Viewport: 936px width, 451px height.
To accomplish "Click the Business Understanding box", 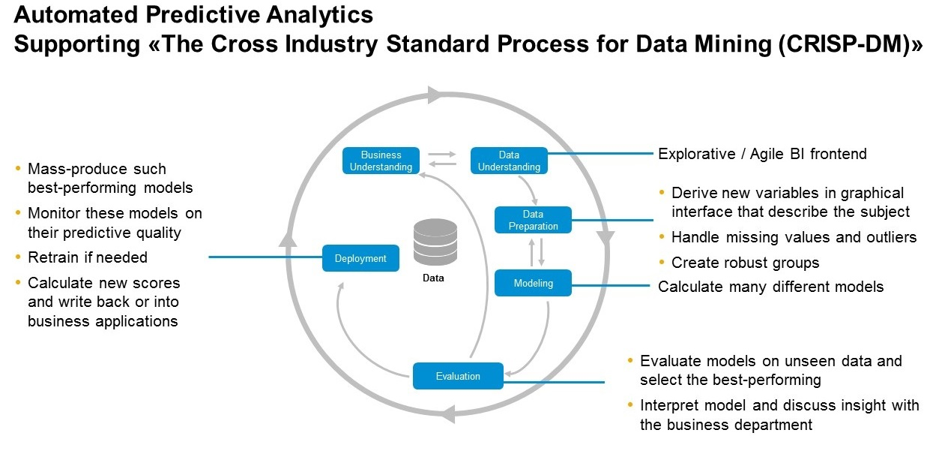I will pyautogui.click(x=381, y=161).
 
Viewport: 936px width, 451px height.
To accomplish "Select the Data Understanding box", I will pyautogui.click(x=509, y=161).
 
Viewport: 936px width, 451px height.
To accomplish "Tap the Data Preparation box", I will pyautogui.click(x=533, y=220).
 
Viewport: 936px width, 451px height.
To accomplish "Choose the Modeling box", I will pyautogui.click(x=533, y=283).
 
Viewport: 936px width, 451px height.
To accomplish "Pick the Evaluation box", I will pyautogui.click(x=457, y=376).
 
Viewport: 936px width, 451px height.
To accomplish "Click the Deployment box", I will pyautogui.click(x=360, y=258).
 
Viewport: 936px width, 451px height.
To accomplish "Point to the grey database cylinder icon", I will pyautogui.click(x=435, y=241).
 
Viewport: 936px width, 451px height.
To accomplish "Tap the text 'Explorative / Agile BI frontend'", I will pyautogui.click(x=762, y=154).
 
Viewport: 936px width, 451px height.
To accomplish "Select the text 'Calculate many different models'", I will pyautogui.click(x=770, y=287).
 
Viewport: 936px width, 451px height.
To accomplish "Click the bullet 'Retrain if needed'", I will pyautogui.click(x=87, y=257).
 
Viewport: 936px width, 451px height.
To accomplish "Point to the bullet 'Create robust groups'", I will pyautogui.click(x=745, y=263).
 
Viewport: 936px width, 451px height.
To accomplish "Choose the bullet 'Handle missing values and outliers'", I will pyautogui.click(x=794, y=237).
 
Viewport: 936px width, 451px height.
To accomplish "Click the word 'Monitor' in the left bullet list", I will pyautogui.click(x=53, y=213).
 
